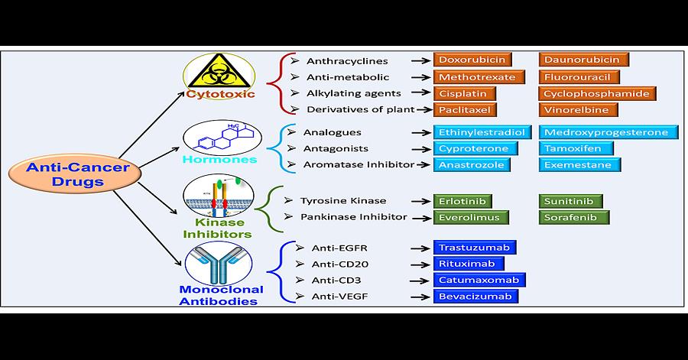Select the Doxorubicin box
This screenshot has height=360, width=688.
[x=471, y=60]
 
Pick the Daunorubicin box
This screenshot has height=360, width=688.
[x=584, y=60]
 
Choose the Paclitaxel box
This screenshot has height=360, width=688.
[x=467, y=110]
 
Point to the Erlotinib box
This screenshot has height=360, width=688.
[x=462, y=201]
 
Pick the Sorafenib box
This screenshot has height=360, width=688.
[x=574, y=217]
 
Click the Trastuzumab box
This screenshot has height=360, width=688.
[x=475, y=248]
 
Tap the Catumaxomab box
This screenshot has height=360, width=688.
[x=479, y=280]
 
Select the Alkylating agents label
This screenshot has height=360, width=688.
[x=348, y=93]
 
